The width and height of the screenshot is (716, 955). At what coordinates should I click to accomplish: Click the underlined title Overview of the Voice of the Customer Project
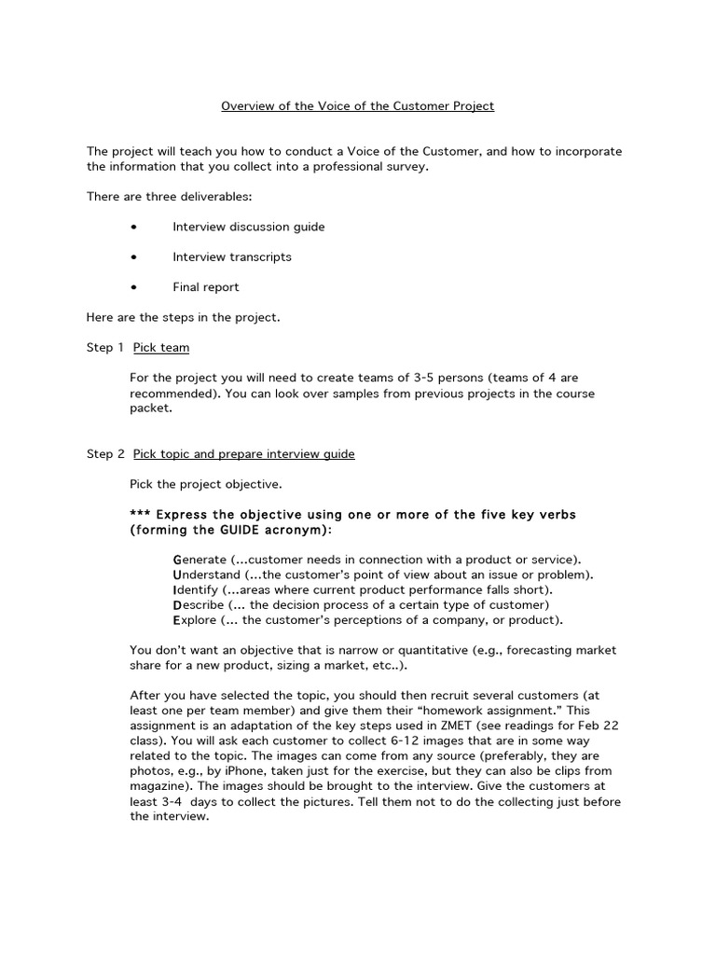point(357,106)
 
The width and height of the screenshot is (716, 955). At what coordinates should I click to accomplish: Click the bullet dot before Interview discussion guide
point(135,227)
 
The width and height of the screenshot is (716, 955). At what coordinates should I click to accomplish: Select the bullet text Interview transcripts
point(231,256)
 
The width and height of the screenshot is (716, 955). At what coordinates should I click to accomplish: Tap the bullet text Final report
point(205,287)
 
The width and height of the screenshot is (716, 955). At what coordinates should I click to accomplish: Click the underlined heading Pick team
point(160,348)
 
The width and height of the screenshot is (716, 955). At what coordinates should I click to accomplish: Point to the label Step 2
point(105,454)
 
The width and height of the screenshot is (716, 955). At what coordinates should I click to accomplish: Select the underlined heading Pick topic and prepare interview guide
point(243,454)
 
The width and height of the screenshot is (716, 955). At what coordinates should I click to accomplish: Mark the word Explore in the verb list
point(193,620)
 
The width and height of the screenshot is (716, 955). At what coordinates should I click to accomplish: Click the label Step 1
point(105,348)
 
